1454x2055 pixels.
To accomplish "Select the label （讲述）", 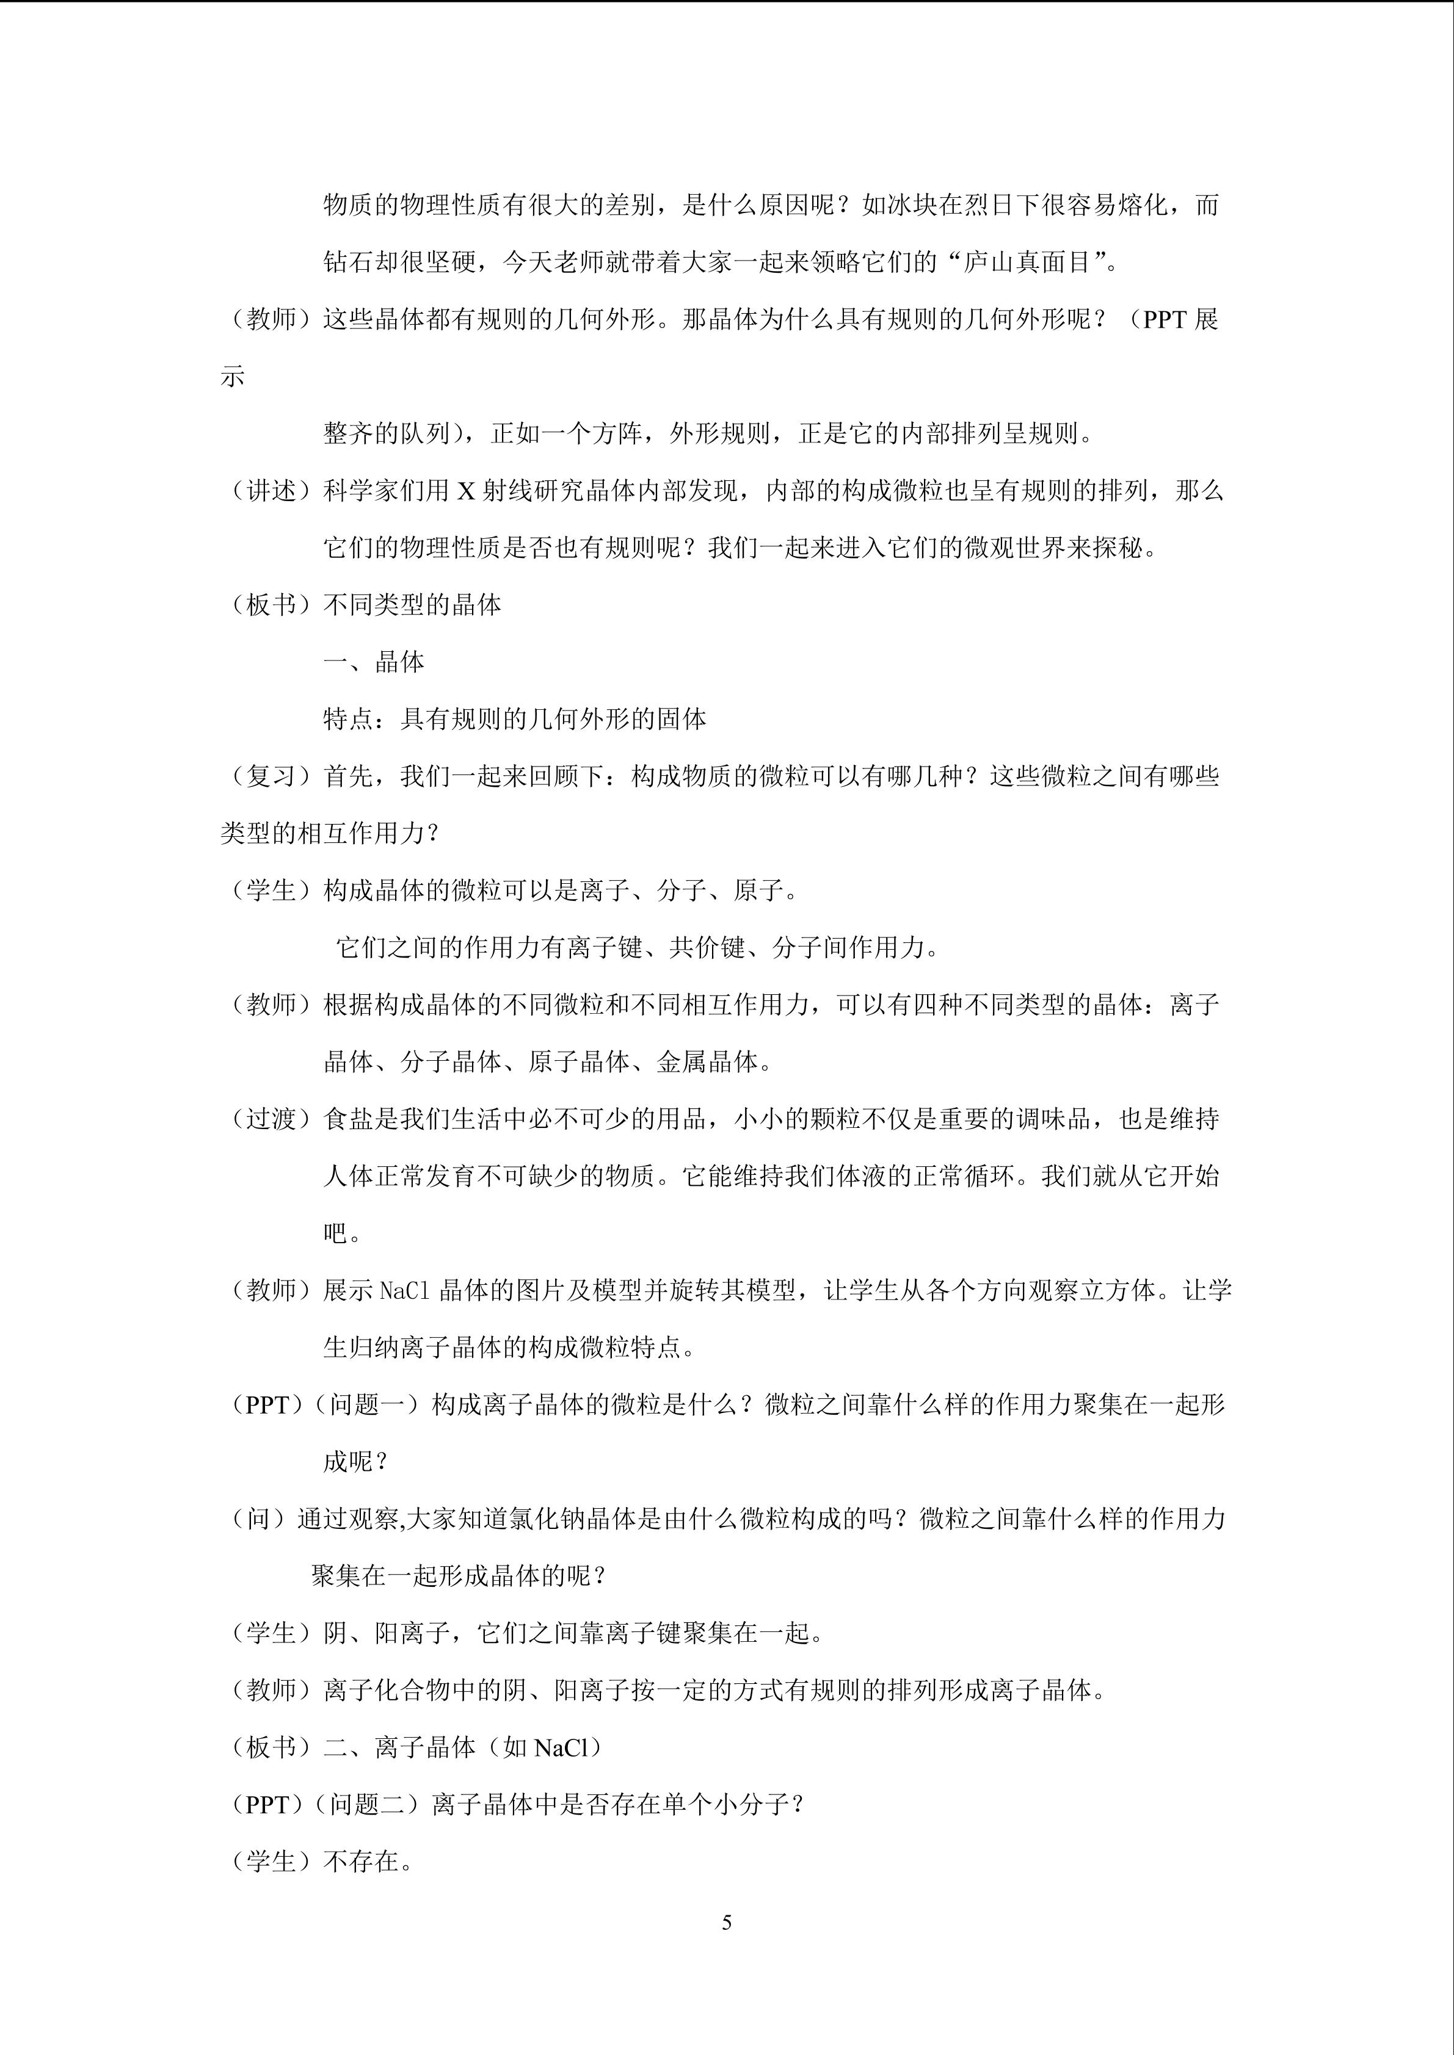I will [271, 491].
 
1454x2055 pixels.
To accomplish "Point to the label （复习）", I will [271, 777].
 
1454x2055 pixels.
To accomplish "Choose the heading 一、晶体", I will [374, 662].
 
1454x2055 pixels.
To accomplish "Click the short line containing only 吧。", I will [342, 1233].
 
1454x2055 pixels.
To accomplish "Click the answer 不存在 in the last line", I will [361, 1862].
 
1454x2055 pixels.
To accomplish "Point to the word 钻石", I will [348, 262].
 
